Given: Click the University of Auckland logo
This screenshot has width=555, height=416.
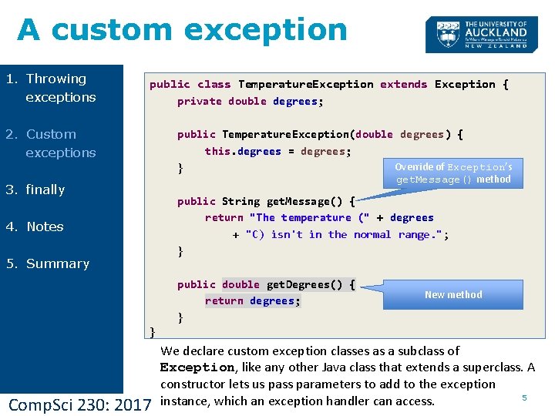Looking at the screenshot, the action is click(481, 35).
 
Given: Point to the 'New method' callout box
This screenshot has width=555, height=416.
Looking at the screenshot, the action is click(453, 294).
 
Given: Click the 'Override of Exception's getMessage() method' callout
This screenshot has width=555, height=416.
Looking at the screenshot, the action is click(453, 173).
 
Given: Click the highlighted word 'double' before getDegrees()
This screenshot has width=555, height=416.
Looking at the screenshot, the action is click(241, 284).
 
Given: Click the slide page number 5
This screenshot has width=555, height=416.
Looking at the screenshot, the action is click(524, 398).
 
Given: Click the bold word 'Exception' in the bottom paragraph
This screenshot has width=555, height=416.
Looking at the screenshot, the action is click(197, 367).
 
